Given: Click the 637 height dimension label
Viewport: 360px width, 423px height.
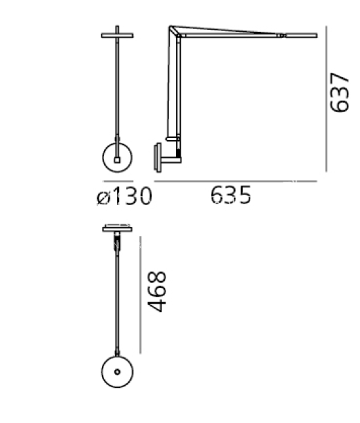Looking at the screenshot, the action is click(339, 92).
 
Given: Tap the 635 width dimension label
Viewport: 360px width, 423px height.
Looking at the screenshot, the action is click(230, 195).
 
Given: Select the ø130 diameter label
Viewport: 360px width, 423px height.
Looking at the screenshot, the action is click(124, 196).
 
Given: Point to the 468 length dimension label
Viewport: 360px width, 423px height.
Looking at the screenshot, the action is click(157, 292).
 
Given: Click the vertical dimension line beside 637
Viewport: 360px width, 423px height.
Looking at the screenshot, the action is click(326, 99).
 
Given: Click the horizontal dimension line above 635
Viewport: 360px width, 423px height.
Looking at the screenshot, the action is click(235, 181).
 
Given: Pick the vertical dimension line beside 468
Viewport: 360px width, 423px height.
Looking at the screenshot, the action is click(140, 295).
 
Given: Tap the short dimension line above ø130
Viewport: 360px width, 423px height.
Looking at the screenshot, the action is click(118, 181).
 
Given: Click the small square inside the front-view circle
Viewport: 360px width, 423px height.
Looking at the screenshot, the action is click(117, 160).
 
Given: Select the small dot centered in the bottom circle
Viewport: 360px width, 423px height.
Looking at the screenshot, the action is click(117, 372).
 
